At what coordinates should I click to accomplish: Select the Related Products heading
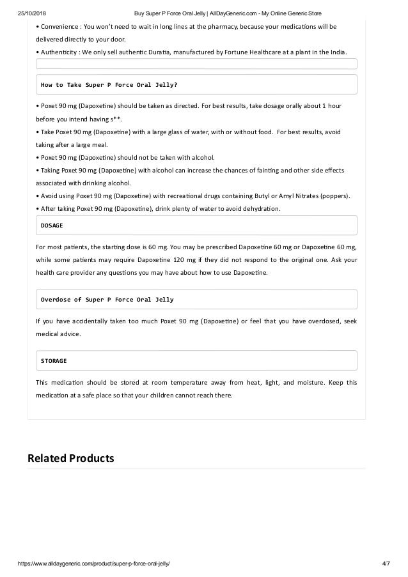point(70,458)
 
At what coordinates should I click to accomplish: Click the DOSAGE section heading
point(52,226)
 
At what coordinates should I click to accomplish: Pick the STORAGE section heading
point(54,361)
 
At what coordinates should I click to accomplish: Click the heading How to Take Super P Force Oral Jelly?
point(109,84)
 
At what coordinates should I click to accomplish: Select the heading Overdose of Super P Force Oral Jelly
point(107,299)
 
